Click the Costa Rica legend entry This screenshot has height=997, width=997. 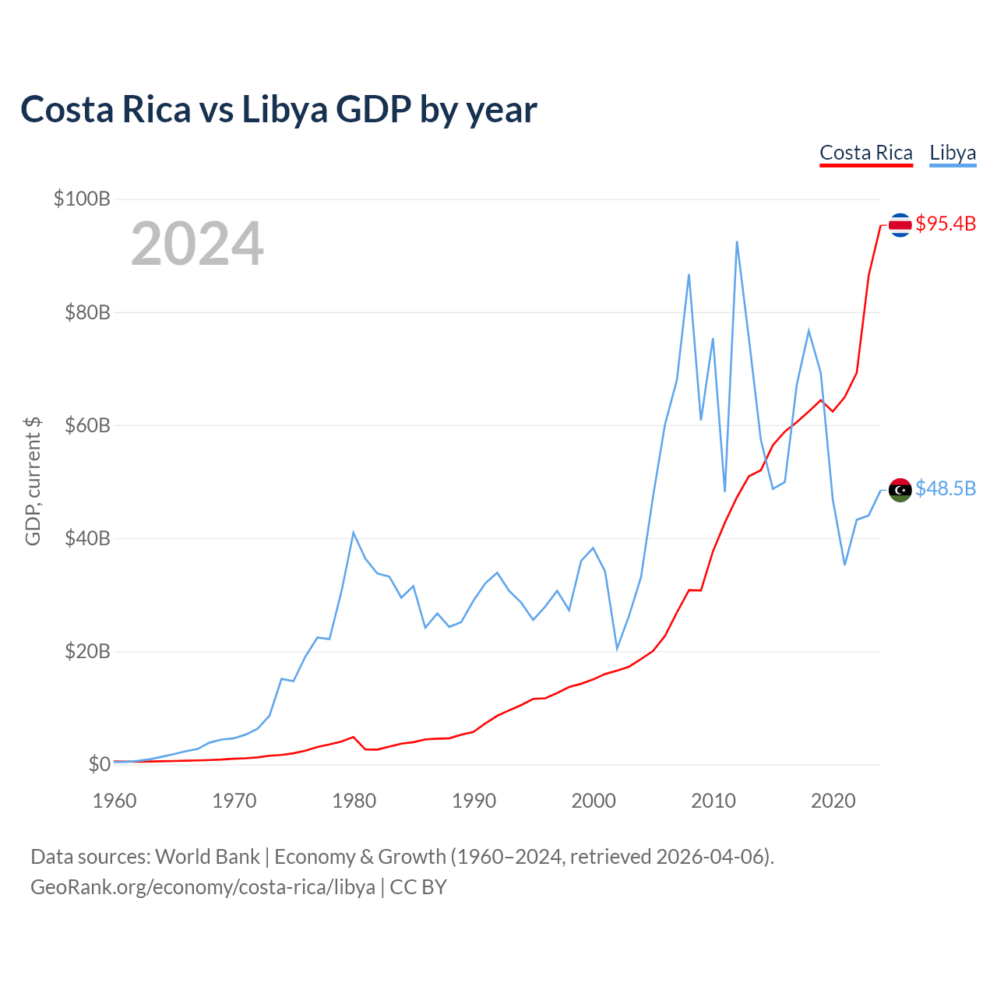click(865, 153)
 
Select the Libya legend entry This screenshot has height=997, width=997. click(953, 153)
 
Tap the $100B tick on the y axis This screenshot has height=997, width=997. click(82, 199)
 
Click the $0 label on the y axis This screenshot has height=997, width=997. click(99, 764)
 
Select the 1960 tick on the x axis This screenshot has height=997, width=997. click(114, 801)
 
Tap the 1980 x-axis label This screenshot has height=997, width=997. click(354, 801)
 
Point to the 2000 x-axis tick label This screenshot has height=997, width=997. click(594, 801)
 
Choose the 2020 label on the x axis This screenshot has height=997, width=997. click(833, 801)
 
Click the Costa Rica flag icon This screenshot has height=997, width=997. click(900, 225)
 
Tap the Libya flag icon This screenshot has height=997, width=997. click(900, 490)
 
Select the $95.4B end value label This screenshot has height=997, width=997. click(946, 224)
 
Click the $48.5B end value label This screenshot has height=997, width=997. click(946, 488)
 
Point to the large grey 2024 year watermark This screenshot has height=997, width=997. click(197, 245)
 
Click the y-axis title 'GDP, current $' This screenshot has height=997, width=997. click(33, 481)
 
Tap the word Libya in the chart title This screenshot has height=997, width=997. click(284, 109)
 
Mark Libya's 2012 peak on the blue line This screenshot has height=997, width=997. click(737, 241)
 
